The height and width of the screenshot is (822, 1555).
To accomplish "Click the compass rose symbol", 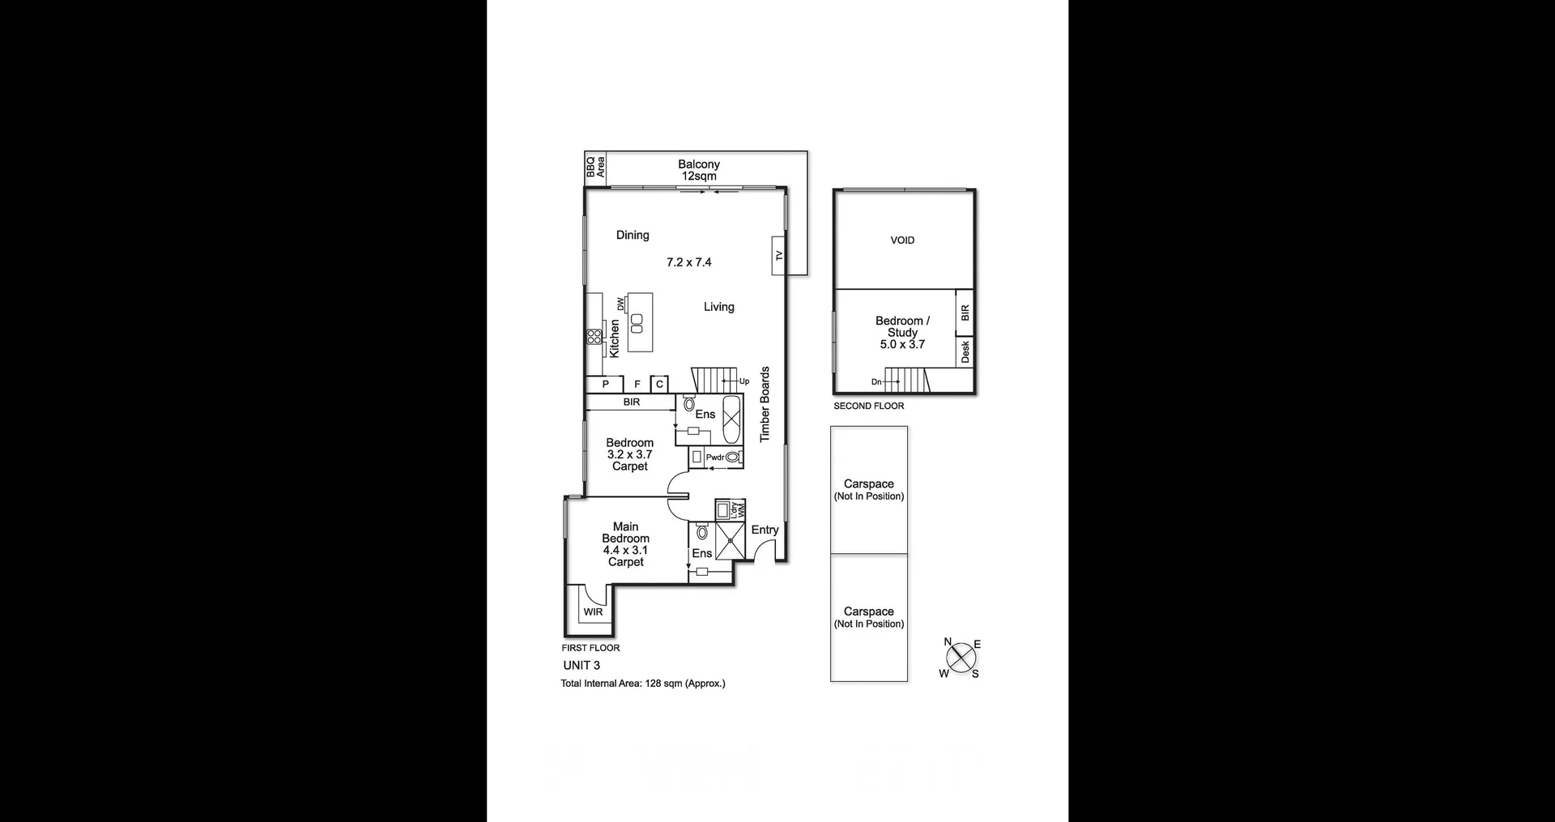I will pyautogui.click(x=961, y=658).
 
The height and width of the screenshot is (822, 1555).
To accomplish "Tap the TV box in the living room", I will pyautogui.click(x=779, y=255).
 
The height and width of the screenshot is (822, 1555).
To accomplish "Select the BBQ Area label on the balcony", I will pyautogui.click(x=595, y=167).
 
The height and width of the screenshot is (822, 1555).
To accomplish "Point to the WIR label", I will pyautogui.click(x=593, y=612).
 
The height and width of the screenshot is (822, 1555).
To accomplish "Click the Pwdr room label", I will pyautogui.click(x=715, y=458).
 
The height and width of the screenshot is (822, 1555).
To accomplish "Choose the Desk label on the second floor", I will pyautogui.click(x=965, y=351).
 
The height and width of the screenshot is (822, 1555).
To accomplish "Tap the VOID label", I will pyautogui.click(x=902, y=241).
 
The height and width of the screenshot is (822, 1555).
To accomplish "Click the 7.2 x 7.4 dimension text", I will pyautogui.click(x=688, y=262).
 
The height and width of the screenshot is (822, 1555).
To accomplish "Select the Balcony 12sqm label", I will pyautogui.click(x=699, y=170).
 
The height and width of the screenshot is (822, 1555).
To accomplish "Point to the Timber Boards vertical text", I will pyautogui.click(x=765, y=404).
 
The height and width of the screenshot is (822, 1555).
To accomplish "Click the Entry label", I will pyautogui.click(x=765, y=530).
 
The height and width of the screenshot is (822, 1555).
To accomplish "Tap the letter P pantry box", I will pyautogui.click(x=605, y=385).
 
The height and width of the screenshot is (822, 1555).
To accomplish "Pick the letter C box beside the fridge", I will pyautogui.click(x=659, y=385).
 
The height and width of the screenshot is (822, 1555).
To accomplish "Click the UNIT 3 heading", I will pyautogui.click(x=582, y=666).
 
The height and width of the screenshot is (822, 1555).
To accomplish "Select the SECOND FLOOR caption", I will pyautogui.click(x=869, y=407).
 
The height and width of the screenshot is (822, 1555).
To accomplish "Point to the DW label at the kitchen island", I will pyautogui.click(x=621, y=304).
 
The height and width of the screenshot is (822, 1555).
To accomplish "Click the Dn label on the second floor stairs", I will pyautogui.click(x=876, y=381).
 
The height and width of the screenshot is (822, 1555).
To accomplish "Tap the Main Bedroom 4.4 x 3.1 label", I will pyautogui.click(x=625, y=544).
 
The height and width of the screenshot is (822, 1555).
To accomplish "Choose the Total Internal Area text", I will pyautogui.click(x=643, y=684).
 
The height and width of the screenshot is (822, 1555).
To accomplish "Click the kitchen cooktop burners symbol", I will pyautogui.click(x=594, y=336).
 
